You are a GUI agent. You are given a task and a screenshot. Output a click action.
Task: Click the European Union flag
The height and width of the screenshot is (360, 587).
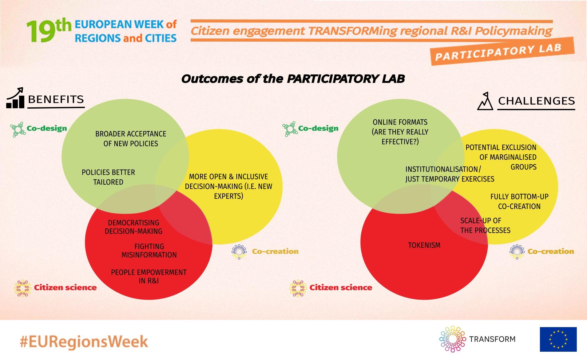point(558,339)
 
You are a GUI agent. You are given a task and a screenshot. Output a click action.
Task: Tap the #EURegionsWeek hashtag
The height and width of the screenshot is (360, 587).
point(84,342)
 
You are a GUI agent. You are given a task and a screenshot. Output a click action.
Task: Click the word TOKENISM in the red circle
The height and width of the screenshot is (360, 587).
point(424,245)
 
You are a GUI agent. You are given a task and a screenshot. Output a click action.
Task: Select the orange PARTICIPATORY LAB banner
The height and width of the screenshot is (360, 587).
point(502,51)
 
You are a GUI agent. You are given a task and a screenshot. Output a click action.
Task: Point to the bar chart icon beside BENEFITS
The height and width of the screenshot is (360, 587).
point(15,98)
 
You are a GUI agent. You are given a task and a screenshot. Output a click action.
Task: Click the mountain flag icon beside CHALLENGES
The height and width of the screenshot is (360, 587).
point(485,101)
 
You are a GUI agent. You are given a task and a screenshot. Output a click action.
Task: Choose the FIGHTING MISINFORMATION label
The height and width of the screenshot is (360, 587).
point(149,250)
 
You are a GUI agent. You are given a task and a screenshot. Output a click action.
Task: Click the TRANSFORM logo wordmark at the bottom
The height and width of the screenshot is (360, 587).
point(492,339)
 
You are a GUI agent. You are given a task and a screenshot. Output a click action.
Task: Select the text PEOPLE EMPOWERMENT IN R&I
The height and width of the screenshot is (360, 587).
point(149,276)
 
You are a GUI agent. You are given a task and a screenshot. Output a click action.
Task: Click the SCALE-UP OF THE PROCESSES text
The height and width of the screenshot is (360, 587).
point(485,226)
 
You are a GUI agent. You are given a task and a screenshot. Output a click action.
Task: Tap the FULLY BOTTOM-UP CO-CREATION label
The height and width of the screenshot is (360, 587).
point(519,201)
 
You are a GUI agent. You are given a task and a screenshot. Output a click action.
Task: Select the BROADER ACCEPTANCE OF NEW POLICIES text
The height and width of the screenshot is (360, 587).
point(131,138)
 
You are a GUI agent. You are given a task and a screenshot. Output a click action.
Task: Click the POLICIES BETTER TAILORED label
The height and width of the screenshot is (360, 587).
point(108,177)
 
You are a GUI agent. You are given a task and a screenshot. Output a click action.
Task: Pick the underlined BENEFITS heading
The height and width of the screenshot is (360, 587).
point(56,100)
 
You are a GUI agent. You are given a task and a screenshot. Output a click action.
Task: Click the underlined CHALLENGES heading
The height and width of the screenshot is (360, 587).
point(536,101)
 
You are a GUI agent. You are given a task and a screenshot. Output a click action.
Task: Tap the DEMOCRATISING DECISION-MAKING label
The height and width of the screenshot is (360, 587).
point(133,227)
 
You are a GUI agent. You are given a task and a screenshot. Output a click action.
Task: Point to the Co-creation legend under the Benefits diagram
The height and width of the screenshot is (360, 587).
point(265,252)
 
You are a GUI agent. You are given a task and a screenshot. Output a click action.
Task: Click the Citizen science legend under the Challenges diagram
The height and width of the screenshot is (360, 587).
point(331,288)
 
